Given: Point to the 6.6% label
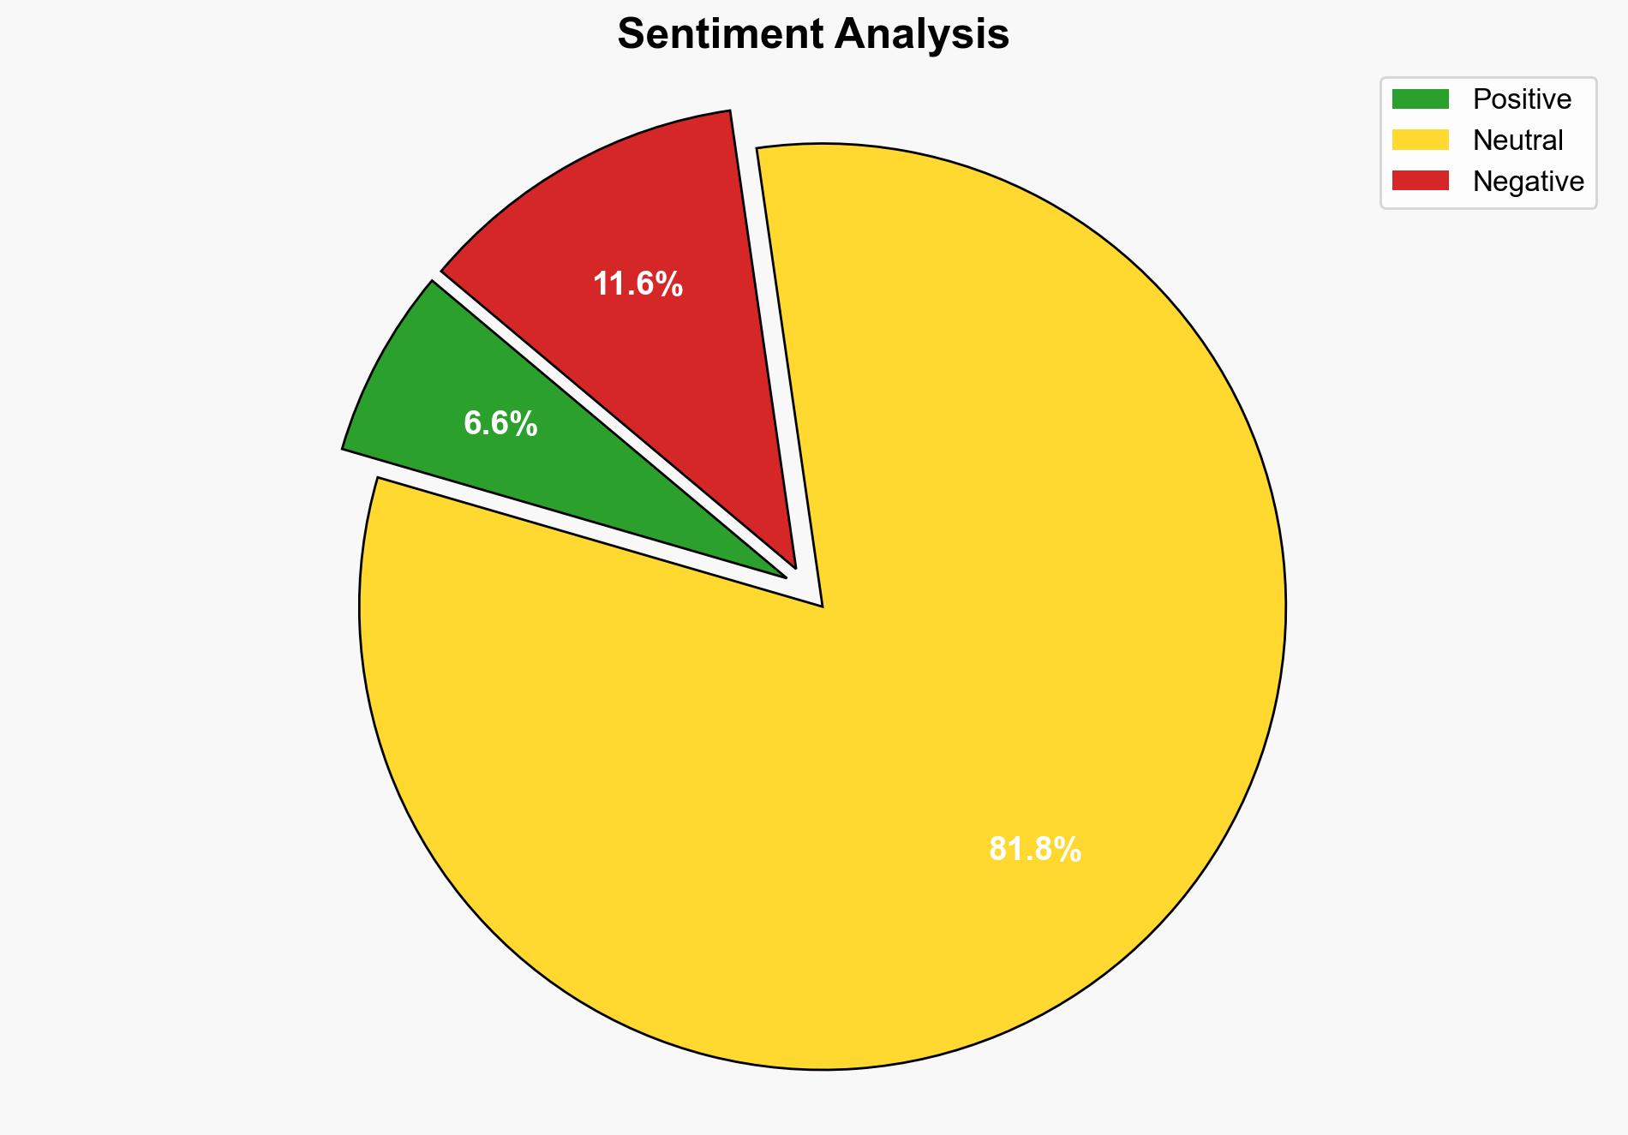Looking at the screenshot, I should pyautogui.click(x=500, y=424).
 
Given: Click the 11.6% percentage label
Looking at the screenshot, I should pyautogui.click(x=637, y=284).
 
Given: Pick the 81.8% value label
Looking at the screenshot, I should pyautogui.click(x=1034, y=850).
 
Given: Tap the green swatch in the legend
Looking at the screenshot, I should pyautogui.click(x=1420, y=99).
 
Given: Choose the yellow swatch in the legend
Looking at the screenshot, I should pyautogui.click(x=1420, y=140).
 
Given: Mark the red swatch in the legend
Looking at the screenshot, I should pyautogui.click(x=1420, y=181).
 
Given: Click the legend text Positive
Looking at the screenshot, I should pyautogui.click(x=1522, y=99).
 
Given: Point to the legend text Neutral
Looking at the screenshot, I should pyautogui.click(x=1517, y=140).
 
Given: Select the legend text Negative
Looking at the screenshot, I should pyautogui.click(x=1528, y=181).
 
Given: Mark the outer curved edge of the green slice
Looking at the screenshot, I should pyautogui.click(x=377, y=360).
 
